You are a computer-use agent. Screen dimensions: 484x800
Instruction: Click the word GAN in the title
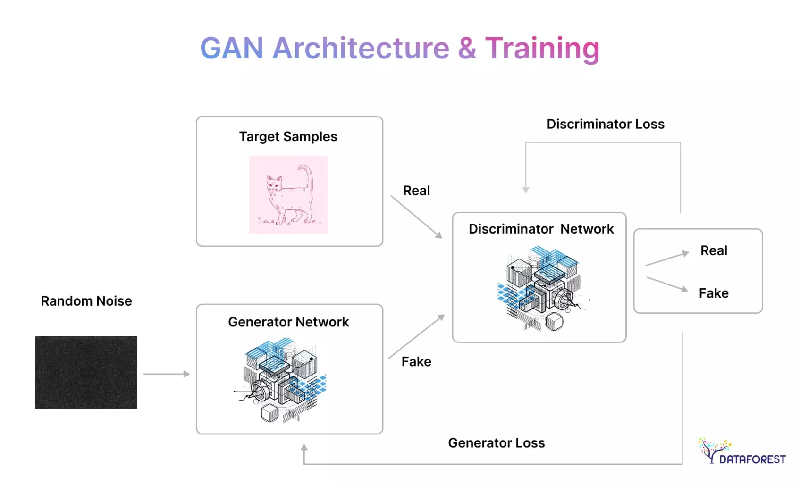pos(231,48)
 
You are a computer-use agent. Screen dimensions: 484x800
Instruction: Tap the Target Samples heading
pos(288,137)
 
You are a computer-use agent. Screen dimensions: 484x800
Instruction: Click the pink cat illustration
pos(288,195)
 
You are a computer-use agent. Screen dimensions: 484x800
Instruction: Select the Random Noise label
pos(86,301)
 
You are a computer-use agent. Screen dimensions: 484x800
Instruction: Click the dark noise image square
pos(86,372)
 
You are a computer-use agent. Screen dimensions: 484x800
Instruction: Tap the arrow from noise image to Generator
pos(166,374)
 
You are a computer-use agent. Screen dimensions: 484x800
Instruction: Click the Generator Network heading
pos(288,322)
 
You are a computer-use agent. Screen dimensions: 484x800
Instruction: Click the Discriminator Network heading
pos(541,229)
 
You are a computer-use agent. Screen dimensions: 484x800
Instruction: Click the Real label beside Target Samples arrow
pos(416,191)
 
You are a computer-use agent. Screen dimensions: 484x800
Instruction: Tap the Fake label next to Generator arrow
pos(416,362)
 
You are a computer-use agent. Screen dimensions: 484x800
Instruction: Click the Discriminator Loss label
pos(605,124)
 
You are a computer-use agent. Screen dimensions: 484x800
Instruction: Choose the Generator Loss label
pos(496,443)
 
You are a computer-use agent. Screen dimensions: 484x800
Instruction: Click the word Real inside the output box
pos(714,250)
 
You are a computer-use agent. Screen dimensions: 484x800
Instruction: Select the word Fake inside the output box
pos(713,293)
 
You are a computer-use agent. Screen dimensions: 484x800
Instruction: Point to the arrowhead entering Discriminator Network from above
pos(525,190)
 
